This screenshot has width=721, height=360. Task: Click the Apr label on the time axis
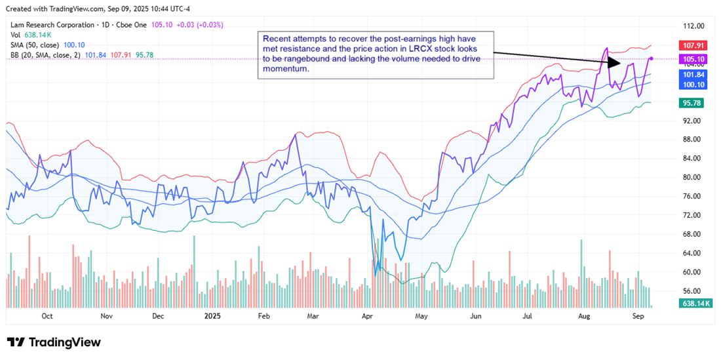pos(368,315)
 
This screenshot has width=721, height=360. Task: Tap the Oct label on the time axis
pos(47,315)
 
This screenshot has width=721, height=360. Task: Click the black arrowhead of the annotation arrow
pos(614,63)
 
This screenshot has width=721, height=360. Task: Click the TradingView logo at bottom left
pos(54,342)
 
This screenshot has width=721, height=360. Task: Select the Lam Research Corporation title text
pos(50,25)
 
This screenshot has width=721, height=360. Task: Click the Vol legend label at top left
pos(15,35)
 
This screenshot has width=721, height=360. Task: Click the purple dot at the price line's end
pos(651,58)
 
